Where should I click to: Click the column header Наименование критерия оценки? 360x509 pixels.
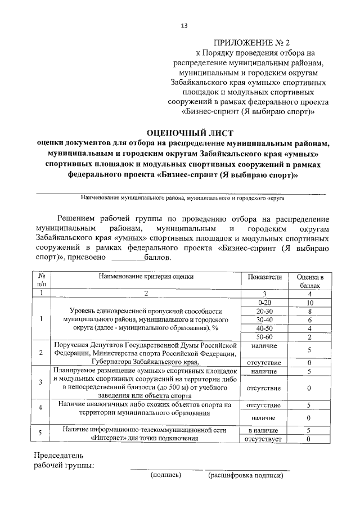tap(146, 277)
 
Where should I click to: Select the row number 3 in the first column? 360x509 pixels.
tap(41, 382)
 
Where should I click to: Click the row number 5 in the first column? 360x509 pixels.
tap(41, 434)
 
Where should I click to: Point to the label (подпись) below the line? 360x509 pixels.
tap(165, 475)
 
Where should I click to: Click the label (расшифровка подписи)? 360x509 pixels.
tap(245, 475)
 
